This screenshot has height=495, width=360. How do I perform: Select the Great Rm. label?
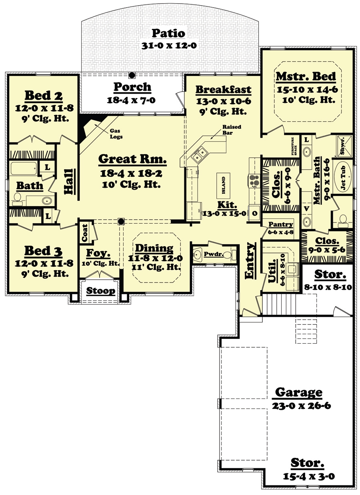pos(132,159)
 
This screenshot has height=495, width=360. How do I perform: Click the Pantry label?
pos(281,224)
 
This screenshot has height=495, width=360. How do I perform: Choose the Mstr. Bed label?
pos(305,76)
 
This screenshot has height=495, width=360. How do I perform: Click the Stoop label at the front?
pos(101,291)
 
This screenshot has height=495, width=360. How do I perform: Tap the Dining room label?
pos(154,248)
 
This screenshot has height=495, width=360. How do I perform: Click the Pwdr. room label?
pos(211,254)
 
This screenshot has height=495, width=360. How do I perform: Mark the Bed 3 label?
pos(44,251)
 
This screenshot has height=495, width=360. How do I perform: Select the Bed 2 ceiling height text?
pos(44,118)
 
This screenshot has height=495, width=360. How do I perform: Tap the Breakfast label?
pos(224,89)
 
